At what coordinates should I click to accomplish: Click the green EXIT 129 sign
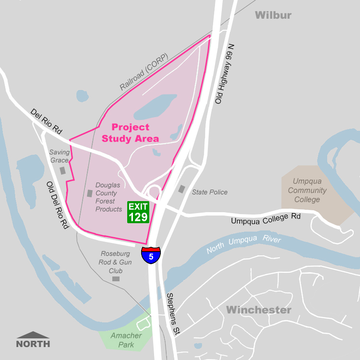[x=139, y=212]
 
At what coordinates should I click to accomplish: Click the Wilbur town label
[x=273, y=15]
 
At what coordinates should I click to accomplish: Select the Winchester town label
[x=259, y=310]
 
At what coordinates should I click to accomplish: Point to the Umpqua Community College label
[x=307, y=191]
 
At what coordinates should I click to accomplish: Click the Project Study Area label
[x=131, y=133]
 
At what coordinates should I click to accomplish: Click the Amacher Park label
[x=126, y=339]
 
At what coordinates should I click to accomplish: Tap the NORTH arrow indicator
[x=33, y=340]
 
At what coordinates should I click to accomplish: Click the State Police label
[x=210, y=192]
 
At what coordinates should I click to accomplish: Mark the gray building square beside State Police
[x=181, y=189]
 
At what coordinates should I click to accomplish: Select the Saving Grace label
[x=60, y=156]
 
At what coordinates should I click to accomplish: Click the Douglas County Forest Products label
[x=108, y=197]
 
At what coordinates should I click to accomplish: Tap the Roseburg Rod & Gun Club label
[x=116, y=262]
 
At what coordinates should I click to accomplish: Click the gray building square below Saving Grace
[x=62, y=170]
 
